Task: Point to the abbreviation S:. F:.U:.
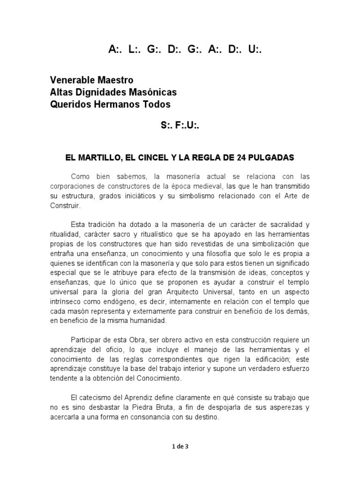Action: click(180, 127)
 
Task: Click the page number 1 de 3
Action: click(180, 447)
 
